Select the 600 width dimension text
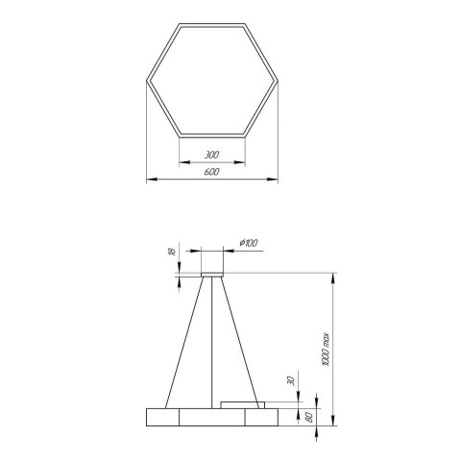coord(211,172)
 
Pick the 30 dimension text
coord(288,381)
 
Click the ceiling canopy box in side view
coord(211,262)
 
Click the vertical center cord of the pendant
coord(211,346)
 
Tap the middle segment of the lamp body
coord(211,417)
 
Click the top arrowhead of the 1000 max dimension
coord(333,279)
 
